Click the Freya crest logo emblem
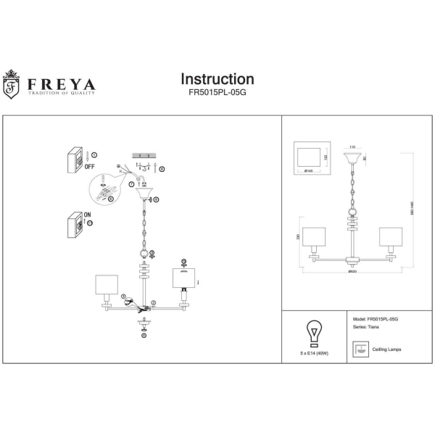point(12,84)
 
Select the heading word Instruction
point(217,79)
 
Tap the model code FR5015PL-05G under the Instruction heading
point(217,93)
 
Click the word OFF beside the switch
point(89,166)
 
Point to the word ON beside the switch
point(88,215)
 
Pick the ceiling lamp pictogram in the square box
point(359,349)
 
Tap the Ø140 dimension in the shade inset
point(308,171)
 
